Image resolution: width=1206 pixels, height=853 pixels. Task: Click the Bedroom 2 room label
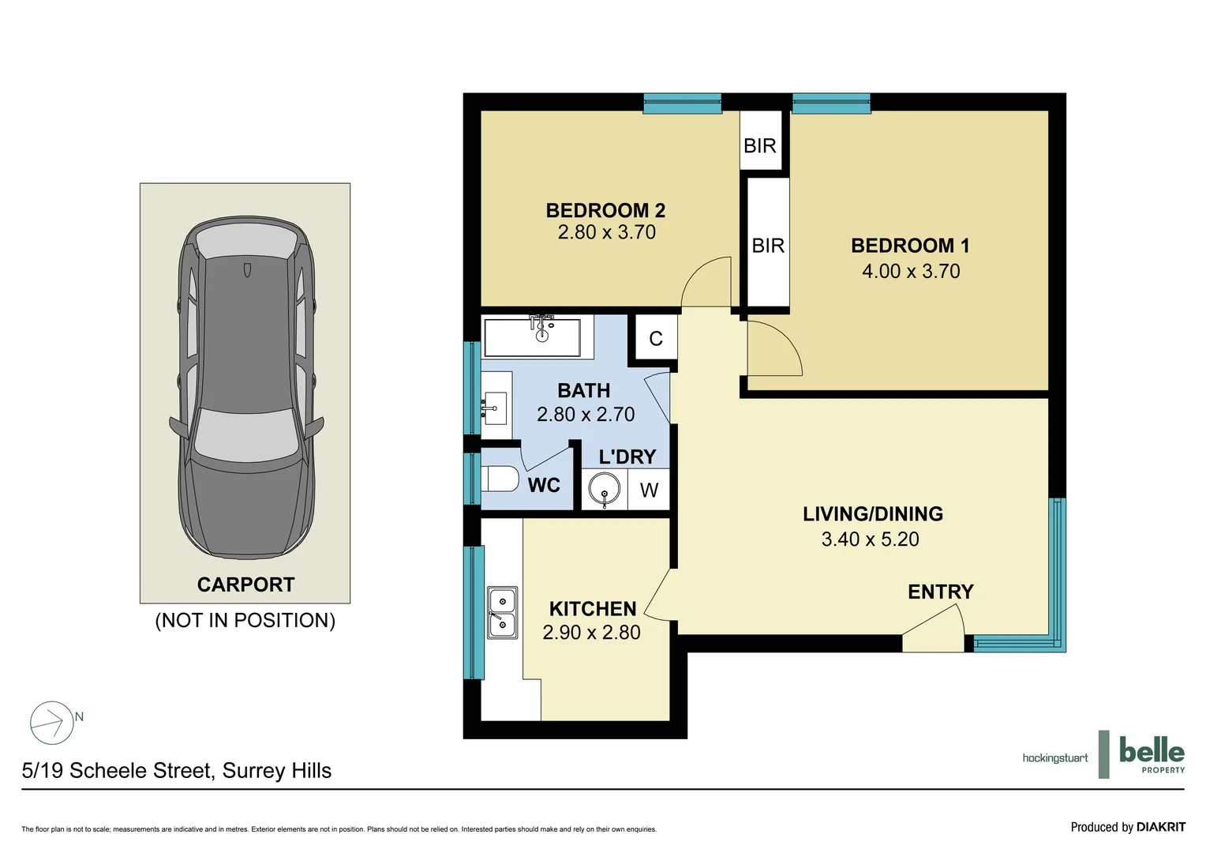605,210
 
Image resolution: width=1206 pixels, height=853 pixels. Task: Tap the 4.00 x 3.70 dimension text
911,271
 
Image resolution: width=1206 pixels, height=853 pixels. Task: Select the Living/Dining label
873,514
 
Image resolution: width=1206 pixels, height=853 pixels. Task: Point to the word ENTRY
941,592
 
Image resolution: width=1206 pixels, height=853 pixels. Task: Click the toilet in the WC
500,479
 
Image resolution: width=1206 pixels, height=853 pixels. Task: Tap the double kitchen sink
502,613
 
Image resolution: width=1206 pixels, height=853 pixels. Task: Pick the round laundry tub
604,489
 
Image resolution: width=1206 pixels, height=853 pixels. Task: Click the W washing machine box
649,489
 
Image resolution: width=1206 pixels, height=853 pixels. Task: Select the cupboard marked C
656,338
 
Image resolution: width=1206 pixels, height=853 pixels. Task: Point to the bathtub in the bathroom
532,338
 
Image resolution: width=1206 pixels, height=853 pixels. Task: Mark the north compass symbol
51,723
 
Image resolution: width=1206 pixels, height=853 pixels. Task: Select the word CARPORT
245,584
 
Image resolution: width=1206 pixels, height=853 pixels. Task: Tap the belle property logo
1152,754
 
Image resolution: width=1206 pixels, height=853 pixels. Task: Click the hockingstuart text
1055,758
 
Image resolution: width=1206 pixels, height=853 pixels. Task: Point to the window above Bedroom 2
682,103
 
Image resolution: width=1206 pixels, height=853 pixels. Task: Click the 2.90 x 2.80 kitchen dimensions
591,632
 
